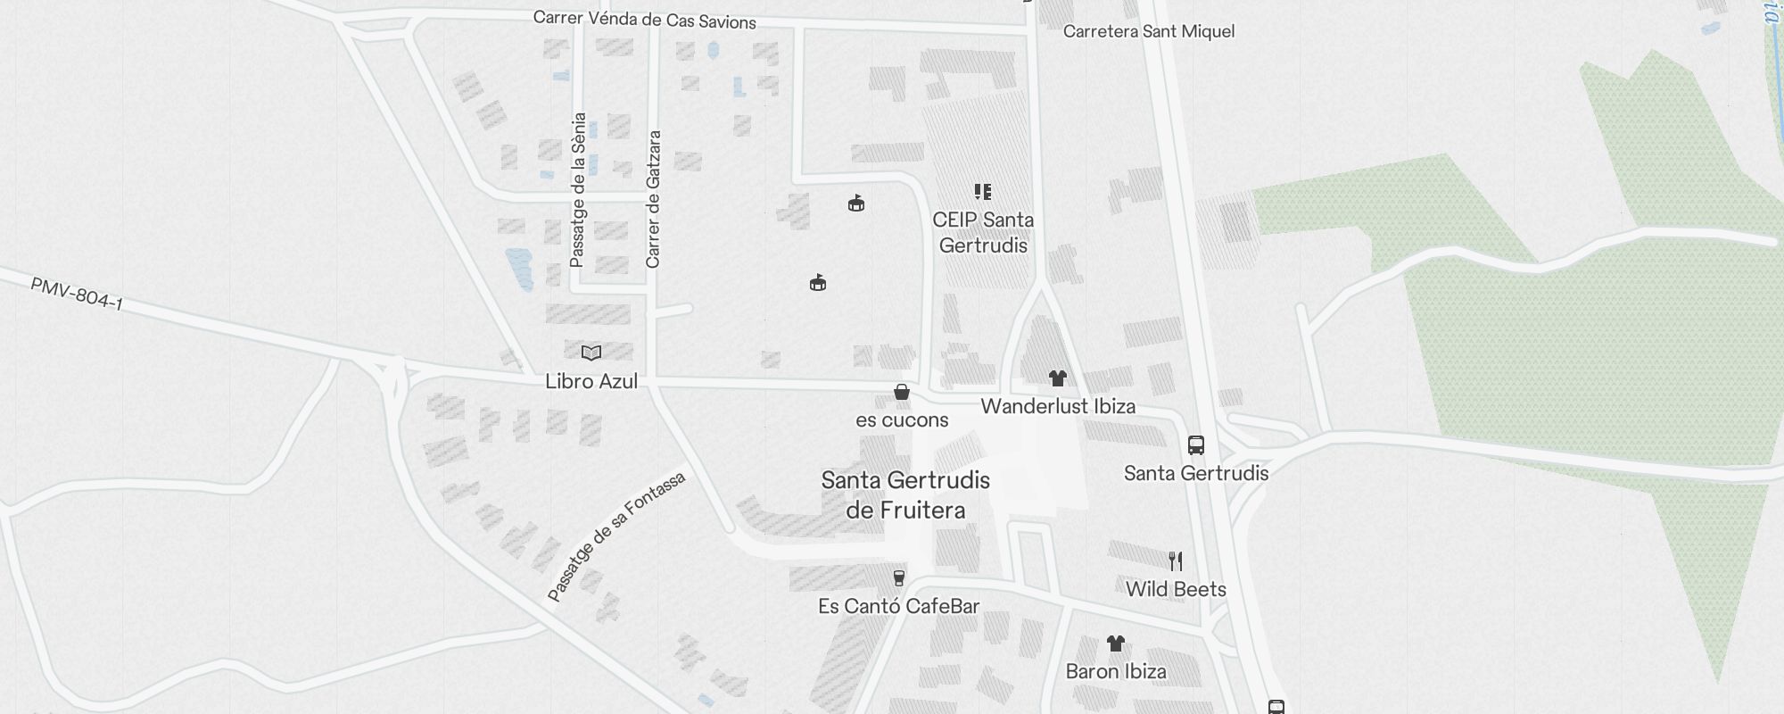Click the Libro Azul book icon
(591, 353)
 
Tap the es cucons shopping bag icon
(902, 392)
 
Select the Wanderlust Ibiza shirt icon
(1058, 378)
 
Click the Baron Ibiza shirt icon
(1116, 643)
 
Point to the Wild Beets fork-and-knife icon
(1176, 561)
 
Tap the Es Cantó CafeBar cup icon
(899, 578)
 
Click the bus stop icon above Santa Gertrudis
(1196, 444)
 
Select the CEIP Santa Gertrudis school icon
(983, 192)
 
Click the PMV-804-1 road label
(77, 294)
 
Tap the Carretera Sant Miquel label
(1149, 32)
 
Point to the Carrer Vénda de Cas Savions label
(645, 21)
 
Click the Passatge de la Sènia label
(578, 189)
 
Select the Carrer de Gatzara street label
(654, 199)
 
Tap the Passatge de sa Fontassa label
(616, 536)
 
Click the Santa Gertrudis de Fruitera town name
(905, 495)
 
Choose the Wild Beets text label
(1176, 589)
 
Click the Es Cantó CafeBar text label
(899, 607)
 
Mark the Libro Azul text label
(591, 382)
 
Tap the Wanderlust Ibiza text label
(1058, 407)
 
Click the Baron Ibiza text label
(1116, 672)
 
